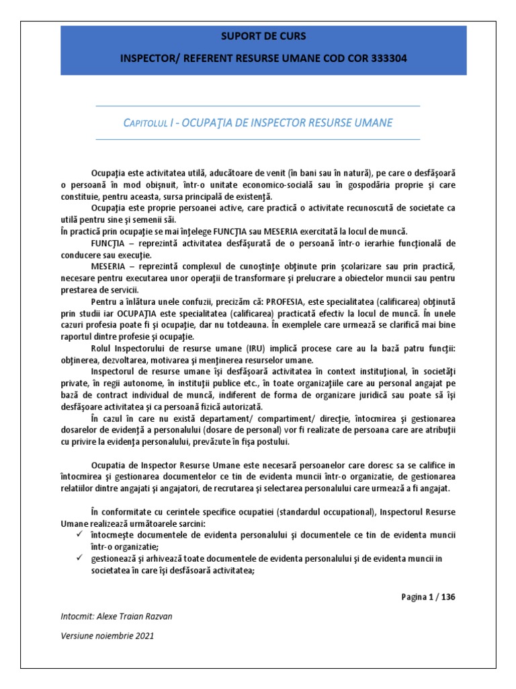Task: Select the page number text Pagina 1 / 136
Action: [431, 596]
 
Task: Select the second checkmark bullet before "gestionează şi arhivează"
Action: [80, 558]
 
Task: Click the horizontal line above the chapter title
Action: [258, 106]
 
